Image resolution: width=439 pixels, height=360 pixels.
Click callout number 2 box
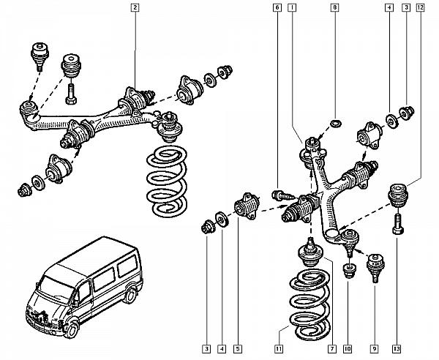click(x=134, y=9)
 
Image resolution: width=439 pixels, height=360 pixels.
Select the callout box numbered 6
click(x=278, y=9)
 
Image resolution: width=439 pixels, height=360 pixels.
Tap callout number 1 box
click(x=292, y=9)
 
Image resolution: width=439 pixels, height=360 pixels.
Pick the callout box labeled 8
click(x=334, y=9)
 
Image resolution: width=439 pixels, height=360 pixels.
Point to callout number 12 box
click(x=419, y=9)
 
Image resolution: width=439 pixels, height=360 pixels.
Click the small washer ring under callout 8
click(x=334, y=121)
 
